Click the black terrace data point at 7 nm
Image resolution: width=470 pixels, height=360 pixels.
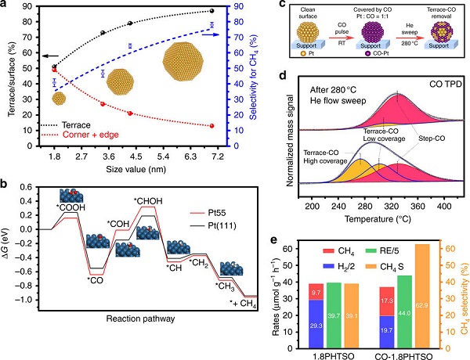click(x=212, y=11)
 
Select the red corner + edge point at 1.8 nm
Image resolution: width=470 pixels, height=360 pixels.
click(x=54, y=70)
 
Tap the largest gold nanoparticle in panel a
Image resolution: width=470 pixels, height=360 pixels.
click(x=183, y=62)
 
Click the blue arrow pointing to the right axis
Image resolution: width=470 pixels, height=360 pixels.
click(x=211, y=34)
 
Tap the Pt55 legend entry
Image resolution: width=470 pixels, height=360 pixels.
click(x=212, y=213)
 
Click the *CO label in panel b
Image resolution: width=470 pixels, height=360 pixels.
click(x=95, y=281)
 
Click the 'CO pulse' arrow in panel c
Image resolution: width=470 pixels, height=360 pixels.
click(x=342, y=38)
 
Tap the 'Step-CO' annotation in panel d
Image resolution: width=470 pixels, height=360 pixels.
click(x=432, y=139)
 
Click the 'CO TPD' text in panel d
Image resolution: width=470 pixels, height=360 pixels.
click(x=445, y=85)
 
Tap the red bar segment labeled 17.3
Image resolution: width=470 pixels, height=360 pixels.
click(x=387, y=301)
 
